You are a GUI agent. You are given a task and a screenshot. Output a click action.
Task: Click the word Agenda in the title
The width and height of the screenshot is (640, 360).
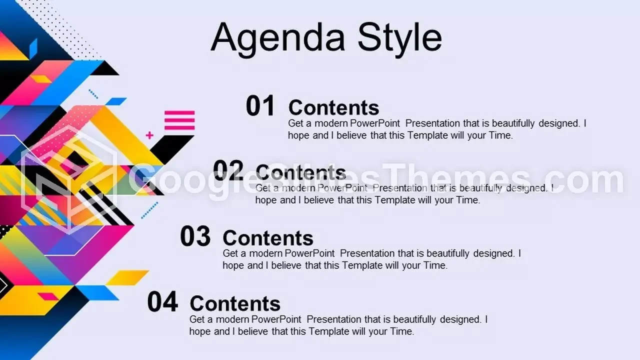click(x=278, y=39)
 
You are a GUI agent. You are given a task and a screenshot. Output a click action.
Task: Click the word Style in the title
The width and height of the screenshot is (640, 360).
click(x=399, y=39)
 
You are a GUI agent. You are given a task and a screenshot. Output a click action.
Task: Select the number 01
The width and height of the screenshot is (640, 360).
click(x=260, y=105)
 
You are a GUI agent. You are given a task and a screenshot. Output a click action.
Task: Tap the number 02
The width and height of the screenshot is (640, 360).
click(x=228, y=170)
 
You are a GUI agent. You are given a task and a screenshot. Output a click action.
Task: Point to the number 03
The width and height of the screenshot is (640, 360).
click(x=195, y=236)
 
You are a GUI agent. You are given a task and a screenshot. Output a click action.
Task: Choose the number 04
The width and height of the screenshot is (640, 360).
click(x=162, y=301)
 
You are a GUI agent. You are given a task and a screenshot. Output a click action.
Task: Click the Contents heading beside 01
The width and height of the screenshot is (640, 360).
click(x=333, y=107)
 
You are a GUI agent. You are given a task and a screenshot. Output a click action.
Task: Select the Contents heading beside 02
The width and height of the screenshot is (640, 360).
click(x=301, y=172)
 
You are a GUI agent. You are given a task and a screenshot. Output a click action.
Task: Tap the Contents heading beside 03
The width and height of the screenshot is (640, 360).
click(x=268, y=238)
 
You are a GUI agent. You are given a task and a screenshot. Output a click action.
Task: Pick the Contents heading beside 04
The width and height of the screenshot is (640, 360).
click(x=235, y=303)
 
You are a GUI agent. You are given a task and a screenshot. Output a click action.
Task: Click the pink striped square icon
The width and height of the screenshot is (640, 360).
click(x=179, y=120)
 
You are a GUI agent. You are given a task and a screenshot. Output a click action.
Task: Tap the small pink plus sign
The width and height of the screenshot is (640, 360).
click(x=149, y=135)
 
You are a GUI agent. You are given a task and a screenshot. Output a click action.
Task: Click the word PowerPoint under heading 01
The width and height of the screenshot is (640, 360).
click(x=375, y=123)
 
